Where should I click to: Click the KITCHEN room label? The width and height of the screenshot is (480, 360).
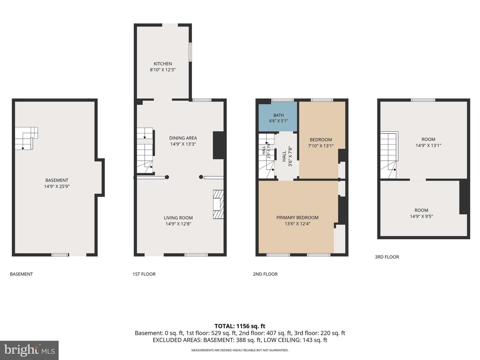163,64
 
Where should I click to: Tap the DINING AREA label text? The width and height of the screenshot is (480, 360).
183,138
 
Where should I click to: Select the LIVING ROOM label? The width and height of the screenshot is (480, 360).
178,218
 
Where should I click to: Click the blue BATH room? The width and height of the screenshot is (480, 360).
278,117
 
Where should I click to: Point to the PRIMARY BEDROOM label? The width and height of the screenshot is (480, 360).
297,217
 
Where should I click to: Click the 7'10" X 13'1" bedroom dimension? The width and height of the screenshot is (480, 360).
321,146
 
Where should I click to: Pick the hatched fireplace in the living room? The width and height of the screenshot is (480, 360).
218,204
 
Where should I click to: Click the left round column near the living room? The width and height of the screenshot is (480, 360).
167,177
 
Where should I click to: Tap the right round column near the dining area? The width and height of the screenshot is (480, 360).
201,177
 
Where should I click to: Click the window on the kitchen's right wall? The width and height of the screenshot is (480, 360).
190,52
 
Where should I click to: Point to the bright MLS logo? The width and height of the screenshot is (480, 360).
29,350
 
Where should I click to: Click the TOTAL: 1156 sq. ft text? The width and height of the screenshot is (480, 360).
240,326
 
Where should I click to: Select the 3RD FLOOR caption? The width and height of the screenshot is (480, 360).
387,257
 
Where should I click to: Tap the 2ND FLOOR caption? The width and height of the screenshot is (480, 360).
265,274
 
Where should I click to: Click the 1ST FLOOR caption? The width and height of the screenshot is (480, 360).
144,274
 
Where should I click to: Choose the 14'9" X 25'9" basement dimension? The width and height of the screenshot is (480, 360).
57,186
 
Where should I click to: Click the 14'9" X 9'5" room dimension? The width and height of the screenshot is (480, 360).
421,216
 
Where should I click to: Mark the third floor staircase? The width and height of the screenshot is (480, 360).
389,155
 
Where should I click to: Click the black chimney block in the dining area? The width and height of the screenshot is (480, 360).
218,145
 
